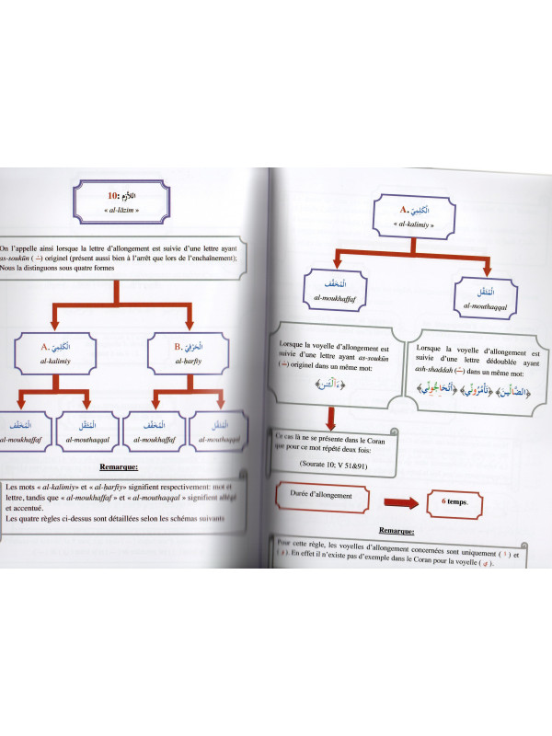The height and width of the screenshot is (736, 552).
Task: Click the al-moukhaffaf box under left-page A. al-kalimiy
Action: point(25,430)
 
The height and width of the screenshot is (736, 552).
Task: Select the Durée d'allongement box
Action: point(324,501)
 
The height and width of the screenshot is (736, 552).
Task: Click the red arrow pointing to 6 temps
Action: point(401,503)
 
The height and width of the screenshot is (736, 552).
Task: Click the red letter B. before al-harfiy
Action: point(178,347)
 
